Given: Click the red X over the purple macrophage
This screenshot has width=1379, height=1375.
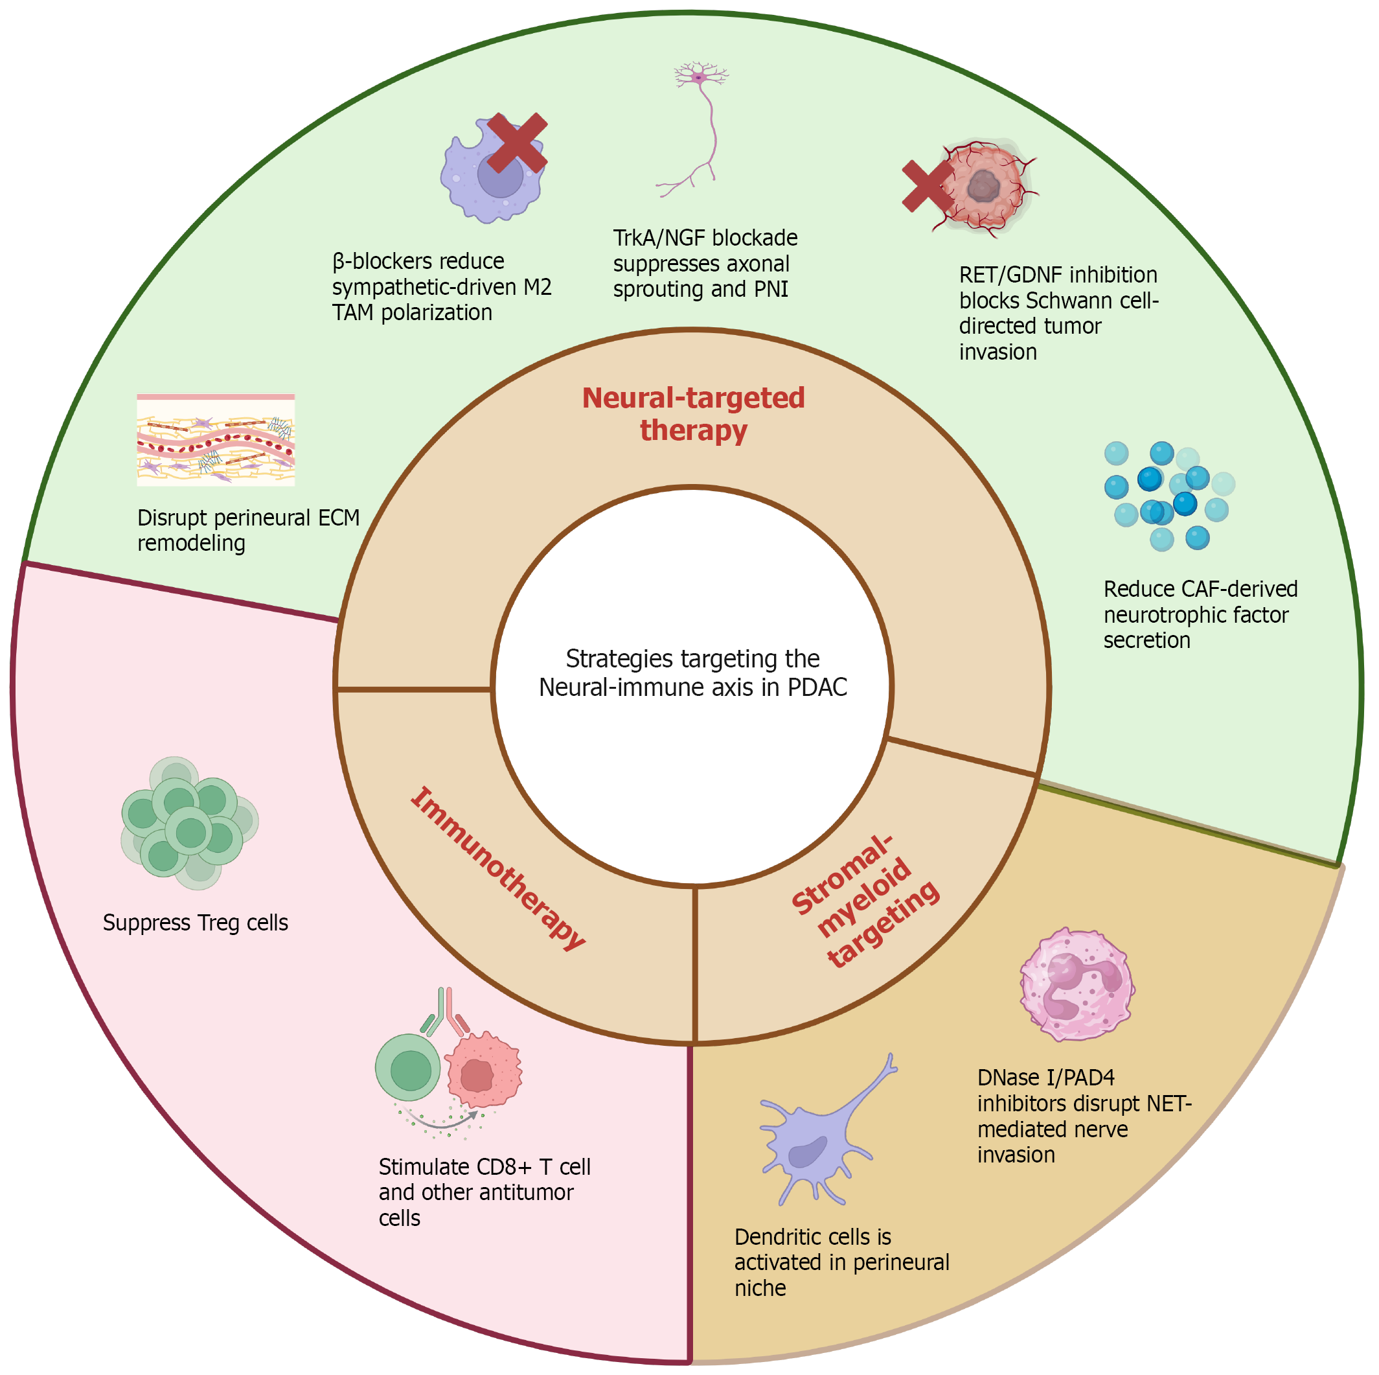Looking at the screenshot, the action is coord(517,143).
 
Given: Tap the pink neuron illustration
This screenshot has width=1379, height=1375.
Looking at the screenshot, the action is coord(695,128).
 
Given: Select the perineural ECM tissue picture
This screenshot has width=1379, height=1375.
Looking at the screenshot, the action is coord(216,440).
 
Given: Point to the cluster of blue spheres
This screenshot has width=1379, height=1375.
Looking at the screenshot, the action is coord(1169,496).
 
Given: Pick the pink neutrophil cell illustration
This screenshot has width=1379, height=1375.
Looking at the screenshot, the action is coord(1077,984).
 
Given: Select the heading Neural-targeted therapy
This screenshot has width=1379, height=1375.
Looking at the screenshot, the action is coord(693,414).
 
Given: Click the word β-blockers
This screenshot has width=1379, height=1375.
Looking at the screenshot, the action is coord(379,261).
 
